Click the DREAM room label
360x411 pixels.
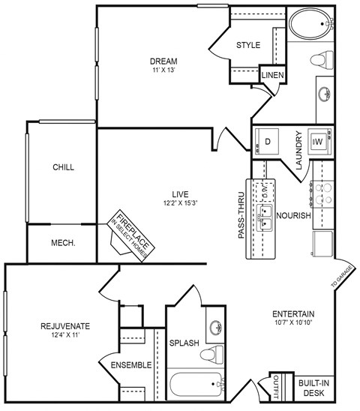163,61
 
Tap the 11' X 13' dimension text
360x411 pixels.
163,70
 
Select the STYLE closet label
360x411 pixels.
248,45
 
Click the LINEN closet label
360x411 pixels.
271,73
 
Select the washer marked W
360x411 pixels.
318,141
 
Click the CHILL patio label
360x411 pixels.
63,167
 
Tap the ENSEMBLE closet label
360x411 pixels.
131,365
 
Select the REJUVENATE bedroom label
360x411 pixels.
65,326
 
